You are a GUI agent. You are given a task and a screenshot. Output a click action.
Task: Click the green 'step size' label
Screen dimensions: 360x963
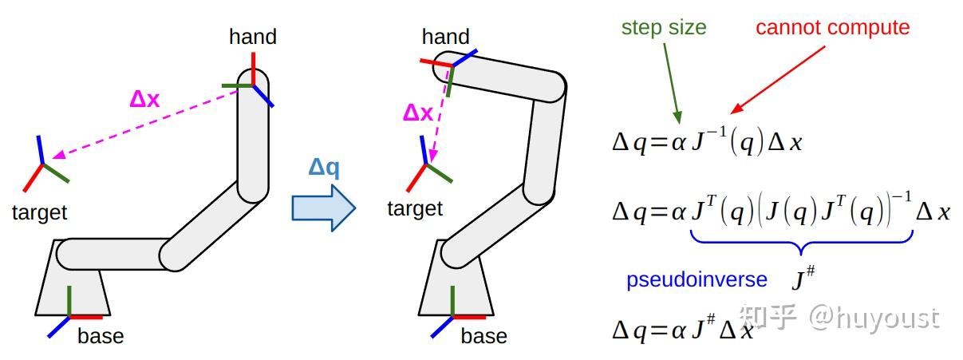coord(664,27)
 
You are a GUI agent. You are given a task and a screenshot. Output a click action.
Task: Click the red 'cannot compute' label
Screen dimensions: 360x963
coord(832,27)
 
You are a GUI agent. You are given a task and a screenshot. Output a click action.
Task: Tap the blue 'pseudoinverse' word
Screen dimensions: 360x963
coord(697,279)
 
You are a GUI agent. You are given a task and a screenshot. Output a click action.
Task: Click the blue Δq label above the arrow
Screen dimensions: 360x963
coord(324,168)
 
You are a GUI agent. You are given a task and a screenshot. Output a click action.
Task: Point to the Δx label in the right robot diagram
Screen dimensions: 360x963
coord(417,113)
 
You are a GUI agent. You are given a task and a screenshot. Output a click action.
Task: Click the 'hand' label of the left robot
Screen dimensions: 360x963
coord(252,37)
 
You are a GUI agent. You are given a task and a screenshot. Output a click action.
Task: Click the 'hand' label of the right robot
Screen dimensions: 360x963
coord(445,37)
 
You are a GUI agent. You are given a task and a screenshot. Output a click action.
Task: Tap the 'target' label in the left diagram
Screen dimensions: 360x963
coord(40,212)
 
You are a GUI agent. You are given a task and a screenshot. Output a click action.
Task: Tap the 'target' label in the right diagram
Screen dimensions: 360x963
coord(414,209)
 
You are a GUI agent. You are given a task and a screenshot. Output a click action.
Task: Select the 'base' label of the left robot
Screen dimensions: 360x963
coord(101,336)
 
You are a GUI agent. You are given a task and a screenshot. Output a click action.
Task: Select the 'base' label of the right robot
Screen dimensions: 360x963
coord(483,336)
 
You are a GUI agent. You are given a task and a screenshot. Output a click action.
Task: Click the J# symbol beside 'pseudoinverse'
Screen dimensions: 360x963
coord(802,279)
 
